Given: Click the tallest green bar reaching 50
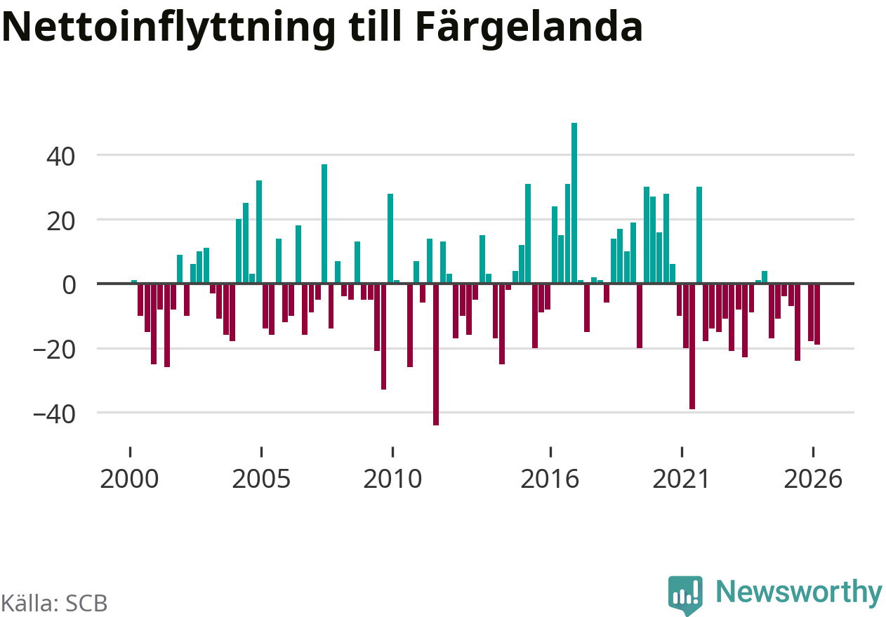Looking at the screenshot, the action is click(574, 203).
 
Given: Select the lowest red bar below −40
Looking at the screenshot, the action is click(436, 354).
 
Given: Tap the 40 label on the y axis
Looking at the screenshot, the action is click(60, 157).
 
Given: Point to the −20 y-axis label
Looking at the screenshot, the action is click(54, 350).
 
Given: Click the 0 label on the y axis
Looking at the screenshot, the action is click(69, 286).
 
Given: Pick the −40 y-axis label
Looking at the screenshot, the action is click(54, 415).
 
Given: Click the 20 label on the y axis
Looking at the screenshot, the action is click(60, 222).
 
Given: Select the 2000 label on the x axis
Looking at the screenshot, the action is click(129, 479).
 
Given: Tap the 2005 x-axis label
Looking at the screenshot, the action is click(261, 479).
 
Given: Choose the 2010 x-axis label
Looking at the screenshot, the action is click(392, 479).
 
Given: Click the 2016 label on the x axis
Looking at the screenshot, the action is click(550, 479).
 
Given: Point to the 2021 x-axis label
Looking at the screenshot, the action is click(681, 479).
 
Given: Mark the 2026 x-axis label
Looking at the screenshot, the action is click(813, 479).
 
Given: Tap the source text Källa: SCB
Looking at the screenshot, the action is click(54, 603).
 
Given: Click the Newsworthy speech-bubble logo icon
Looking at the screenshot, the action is click(685, 595).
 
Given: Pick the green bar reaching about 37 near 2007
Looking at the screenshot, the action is click(324, 224).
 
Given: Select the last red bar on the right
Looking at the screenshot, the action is click(817, 314).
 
